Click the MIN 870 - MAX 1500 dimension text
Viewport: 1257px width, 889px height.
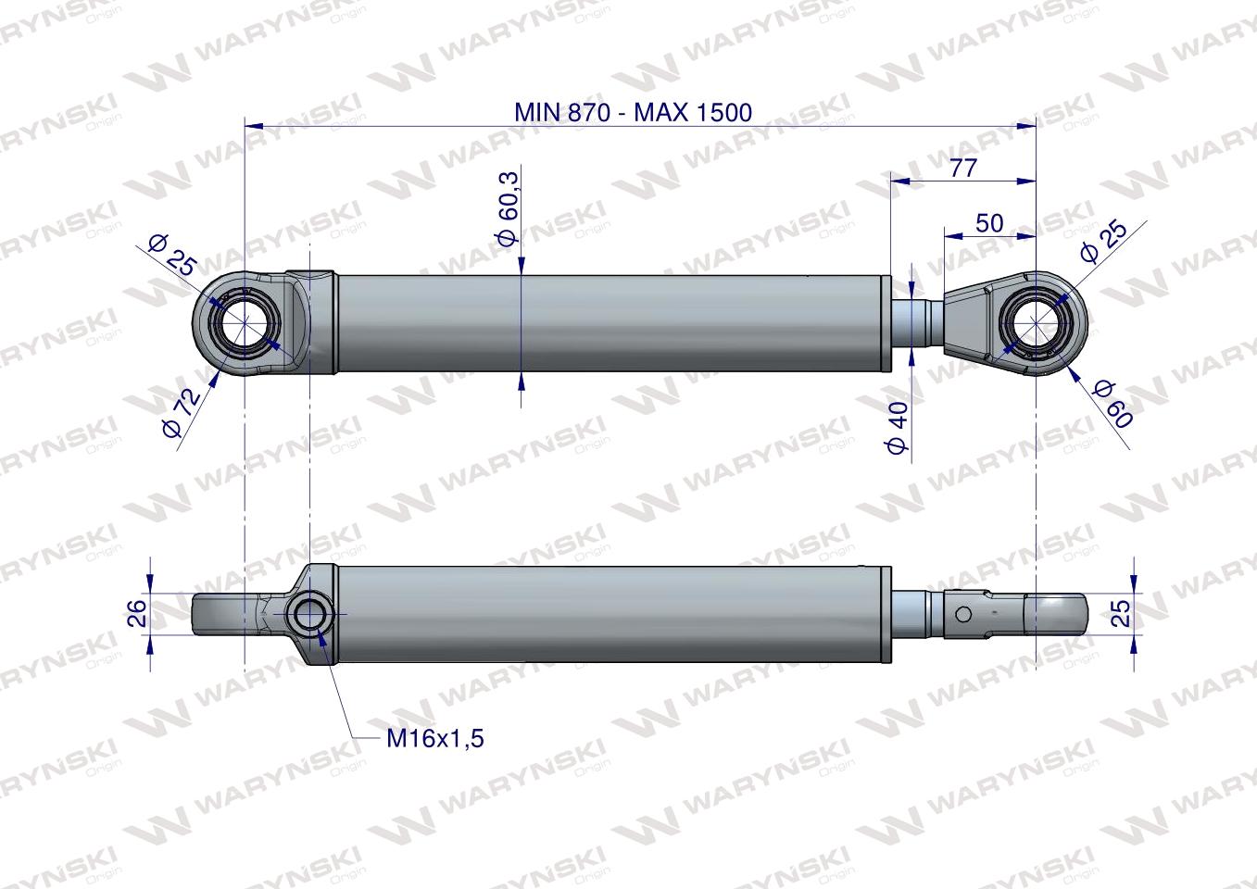pyautogui.click(x=633, y=112)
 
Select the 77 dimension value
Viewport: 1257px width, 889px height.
pyautogui.click(x=963, y=168)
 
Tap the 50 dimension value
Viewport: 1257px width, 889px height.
pyautogui.click(x=988, y=223)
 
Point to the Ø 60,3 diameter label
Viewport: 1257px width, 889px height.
pyautogui.click(x=509, y=219)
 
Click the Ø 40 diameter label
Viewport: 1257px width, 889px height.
pyautogui.click(x=898, y=428)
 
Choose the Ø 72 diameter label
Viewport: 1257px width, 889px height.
pyautogui.click(x=181, y=416)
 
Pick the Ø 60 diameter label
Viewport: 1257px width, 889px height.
pyautogui.click(x=1112, y=405)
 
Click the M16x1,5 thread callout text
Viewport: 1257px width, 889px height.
pyautogui.click(x=435, y=738)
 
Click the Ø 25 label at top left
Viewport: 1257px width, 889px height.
pyautogui.click(x=173, y=256)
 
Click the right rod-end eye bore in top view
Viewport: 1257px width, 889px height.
pyautogui.click(x=1035, y=323)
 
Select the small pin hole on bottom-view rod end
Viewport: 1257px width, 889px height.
pyautogui.click(x=963, y=613)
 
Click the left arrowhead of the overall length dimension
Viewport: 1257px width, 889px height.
pyautogui.click(x=251, y=123)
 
